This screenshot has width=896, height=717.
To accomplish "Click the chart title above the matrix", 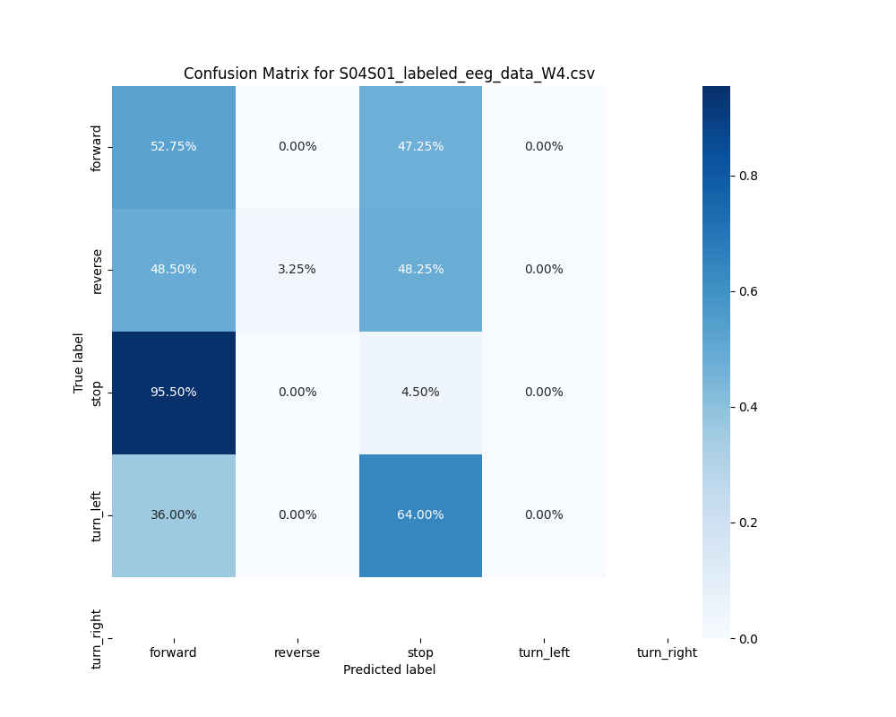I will click(389, 73).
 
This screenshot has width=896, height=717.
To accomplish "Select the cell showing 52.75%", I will click(174, 147).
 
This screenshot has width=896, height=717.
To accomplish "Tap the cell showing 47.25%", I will click(420, 147).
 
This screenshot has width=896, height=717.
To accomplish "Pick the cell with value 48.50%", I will click(174, 270).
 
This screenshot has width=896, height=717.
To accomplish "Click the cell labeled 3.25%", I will click(297, 270).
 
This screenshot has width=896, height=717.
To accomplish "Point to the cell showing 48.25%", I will click(420, 270).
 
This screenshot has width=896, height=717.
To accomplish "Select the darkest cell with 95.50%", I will click(174, 393).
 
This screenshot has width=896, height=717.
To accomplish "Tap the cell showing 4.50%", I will click(420, 393).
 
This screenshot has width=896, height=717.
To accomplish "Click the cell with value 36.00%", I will click(174, 515).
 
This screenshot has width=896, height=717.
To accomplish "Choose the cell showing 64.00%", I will click(420, 515).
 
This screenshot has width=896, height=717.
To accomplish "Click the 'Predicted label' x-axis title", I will click(389, 670).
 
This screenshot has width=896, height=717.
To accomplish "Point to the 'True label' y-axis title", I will click(79, 362).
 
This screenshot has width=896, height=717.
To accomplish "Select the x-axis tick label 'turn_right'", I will click(667, 653).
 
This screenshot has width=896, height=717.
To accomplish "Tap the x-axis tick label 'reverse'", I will click(297, 653).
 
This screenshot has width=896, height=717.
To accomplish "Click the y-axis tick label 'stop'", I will click(97, 393).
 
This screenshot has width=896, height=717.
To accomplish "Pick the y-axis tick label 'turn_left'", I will click(97, 516).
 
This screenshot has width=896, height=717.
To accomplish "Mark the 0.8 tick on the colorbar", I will click(747, 176).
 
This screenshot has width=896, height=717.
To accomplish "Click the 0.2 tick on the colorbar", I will click(747, 523).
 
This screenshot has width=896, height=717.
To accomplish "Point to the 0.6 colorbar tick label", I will click(747, 291).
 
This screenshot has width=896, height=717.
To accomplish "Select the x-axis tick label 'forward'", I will click(174, 653).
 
